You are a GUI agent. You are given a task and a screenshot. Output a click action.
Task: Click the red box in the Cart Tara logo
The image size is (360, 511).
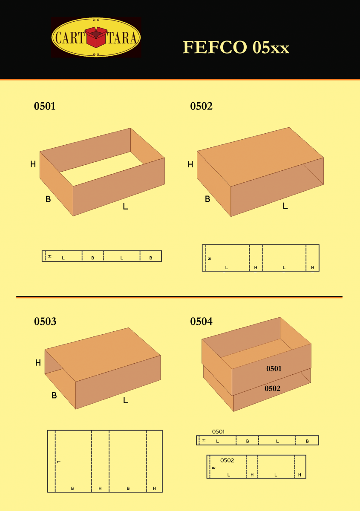point(96,37)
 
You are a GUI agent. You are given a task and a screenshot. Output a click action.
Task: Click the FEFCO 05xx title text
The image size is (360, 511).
point(236,47)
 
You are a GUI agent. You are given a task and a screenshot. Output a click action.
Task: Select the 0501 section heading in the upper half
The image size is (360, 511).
point(45,106)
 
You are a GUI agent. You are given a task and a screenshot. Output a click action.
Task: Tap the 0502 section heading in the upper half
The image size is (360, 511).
point(202,106)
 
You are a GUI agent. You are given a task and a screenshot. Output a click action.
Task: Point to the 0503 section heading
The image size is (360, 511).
point(45,322)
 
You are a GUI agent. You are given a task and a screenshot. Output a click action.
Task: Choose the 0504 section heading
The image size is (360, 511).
point(202,322)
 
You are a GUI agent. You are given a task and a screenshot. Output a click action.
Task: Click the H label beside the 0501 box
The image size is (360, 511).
point(33,164)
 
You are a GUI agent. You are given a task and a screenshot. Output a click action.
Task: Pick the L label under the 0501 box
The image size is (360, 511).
point(125,207)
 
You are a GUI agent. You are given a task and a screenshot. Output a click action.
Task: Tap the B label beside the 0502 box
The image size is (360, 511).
point(207,199)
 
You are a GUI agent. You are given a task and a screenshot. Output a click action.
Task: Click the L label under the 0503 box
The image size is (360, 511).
point(126,400)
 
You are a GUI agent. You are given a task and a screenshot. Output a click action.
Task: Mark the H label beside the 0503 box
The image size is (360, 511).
point(38,363)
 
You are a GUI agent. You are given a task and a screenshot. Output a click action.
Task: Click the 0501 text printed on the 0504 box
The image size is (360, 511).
point(274,369)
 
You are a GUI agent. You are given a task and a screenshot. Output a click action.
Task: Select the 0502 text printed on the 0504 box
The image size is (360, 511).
point(272,388)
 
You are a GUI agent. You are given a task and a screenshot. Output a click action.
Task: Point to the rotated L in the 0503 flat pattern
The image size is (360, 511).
point(59,462)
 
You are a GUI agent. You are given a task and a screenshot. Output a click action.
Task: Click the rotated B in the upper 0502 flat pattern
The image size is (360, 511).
point(209,259)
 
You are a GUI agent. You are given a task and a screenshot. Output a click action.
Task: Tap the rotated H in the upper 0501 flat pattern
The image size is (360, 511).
point(50,256)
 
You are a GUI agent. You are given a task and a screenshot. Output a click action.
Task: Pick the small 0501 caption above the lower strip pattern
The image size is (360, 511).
point(218,432)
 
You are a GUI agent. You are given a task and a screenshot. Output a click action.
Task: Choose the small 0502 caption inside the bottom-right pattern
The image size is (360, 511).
point(227,460)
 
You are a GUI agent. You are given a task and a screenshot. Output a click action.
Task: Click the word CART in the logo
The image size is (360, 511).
point(70,37)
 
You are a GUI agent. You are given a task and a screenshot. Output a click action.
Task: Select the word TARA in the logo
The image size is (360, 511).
point(122,37)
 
